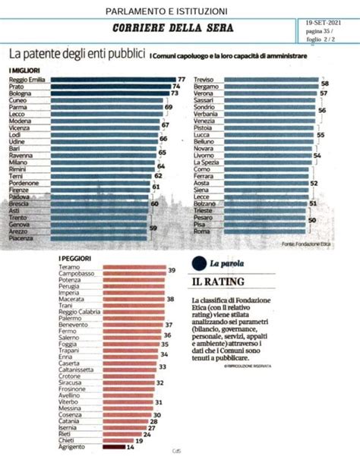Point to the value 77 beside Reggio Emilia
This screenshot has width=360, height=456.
[182, 80]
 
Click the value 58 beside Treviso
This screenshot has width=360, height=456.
[324, 80]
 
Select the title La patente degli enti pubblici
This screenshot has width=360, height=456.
[75, 54]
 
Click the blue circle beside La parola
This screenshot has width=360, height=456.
[197, 263]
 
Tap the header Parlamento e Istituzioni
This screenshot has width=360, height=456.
[166, 11]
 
